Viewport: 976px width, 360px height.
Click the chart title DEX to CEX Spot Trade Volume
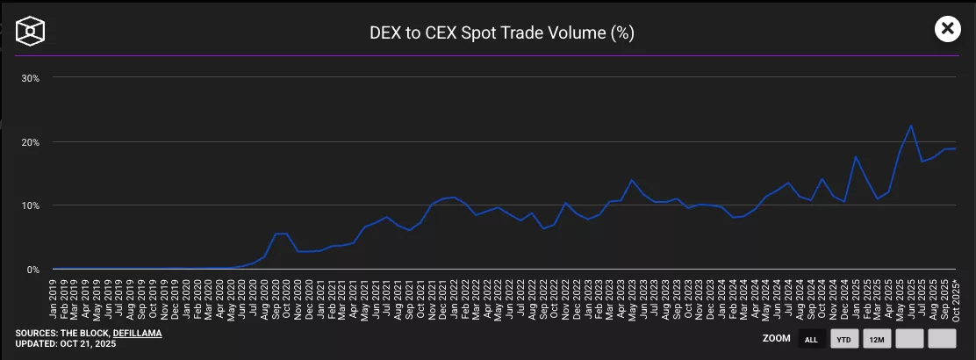(501, 33)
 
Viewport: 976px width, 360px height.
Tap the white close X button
(947, 29)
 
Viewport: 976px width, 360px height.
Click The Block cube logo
(31, 32)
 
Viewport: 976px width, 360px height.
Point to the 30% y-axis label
(31, 78)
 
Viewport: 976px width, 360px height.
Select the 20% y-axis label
(31, 142)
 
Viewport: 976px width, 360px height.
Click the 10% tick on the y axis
(31, 205)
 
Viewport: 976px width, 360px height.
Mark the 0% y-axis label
(33, 270)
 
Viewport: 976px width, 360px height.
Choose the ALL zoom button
(811, 339)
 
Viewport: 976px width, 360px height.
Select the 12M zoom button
(877, 339)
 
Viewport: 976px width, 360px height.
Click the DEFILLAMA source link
(137, 333)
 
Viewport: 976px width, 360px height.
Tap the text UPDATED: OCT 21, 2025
(66, 343)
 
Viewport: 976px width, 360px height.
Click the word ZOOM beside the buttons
(776, 338)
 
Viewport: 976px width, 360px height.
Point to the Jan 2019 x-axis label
(54, 298)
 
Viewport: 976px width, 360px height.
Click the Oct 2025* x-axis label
(955, 298)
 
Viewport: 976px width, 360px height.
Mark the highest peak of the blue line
(911, 126)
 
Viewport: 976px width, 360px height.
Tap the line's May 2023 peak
(631, 180)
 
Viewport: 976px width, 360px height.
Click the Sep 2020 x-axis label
(276, 298)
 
